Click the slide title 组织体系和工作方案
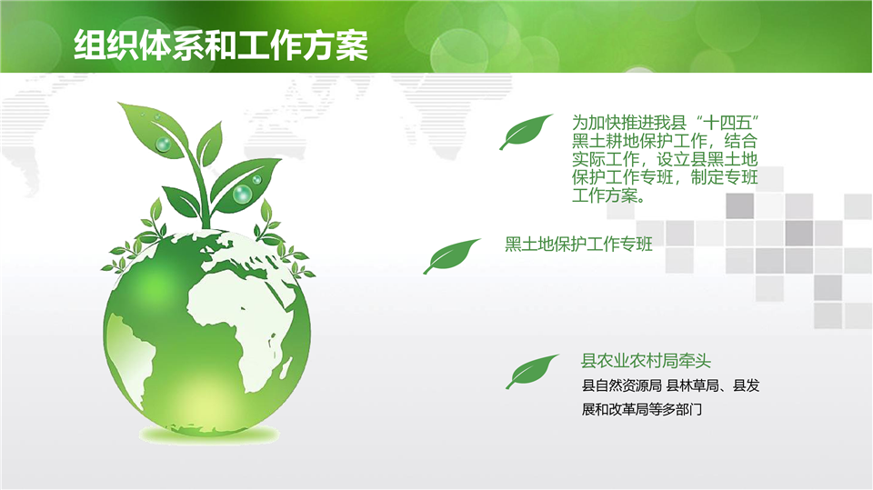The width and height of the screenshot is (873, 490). (x=221, y=45)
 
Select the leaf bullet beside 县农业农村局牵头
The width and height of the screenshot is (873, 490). (x=532, y=372)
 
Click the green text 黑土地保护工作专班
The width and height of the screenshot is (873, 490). (x=578, y=244)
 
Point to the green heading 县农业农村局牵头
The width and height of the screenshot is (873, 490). (x=646, y=361)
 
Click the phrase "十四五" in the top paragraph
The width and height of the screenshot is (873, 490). (x=728, y=123)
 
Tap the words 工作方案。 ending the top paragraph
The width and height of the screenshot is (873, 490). (x=609, y=195)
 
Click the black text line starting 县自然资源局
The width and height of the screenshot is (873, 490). (x=670, y=385)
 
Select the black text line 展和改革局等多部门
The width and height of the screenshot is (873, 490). (x=641, y=409)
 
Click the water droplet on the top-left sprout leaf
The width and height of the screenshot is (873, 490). (x=163, y=145)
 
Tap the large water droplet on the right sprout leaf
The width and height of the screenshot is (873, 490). (x=242, y=195)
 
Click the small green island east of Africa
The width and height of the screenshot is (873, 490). (x=286, y=368)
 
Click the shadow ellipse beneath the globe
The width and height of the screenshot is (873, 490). (x=208, y=434)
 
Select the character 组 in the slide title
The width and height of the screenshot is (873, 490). (x=90, y=45)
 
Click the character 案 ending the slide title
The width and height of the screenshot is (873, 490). (x=352, y=45)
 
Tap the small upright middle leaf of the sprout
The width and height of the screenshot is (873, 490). (x=209, y=144)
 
